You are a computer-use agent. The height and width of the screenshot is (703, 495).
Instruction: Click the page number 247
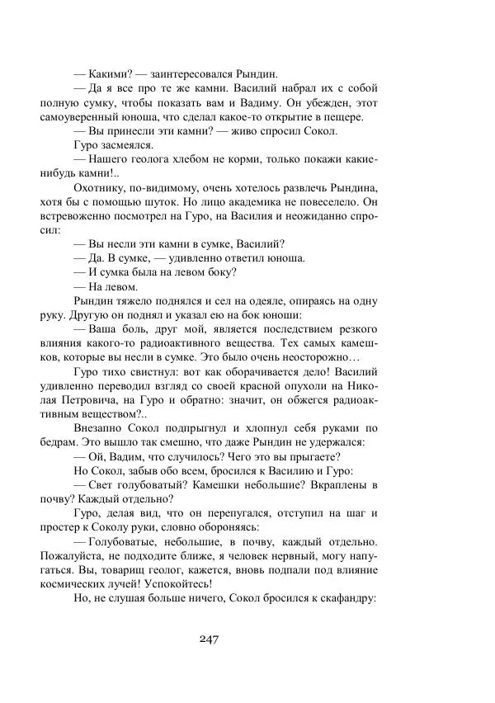[209, 638]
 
